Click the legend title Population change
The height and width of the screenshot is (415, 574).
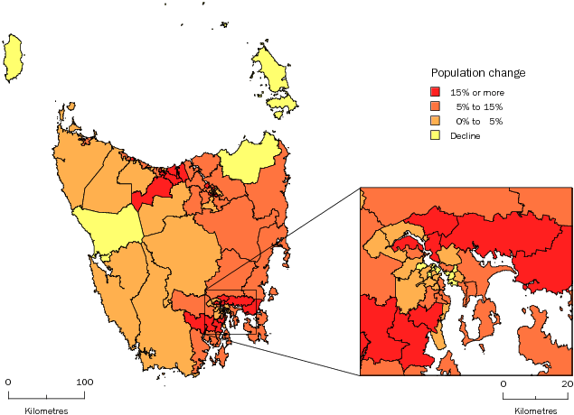(x=478, y=73)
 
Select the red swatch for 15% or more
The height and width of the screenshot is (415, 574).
(x=437, y=92)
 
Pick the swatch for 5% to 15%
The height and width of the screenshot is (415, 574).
(x=437, y=106)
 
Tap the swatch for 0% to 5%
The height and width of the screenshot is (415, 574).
(x=437, y=121)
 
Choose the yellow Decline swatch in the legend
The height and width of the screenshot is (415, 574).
(x=437, y=135)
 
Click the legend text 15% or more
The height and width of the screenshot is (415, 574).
(x=477, y=92)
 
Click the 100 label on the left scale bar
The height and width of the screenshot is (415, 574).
(x=84, y=382)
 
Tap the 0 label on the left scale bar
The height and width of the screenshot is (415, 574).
(x=8, y=382)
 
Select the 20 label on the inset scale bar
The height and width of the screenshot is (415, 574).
(x=567, y=383)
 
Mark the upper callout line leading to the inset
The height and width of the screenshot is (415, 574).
(x=307, y=238)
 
